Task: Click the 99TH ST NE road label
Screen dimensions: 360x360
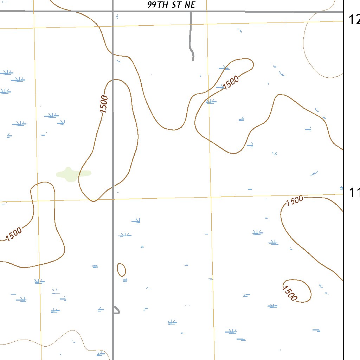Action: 171,5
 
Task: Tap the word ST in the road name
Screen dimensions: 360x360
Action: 175,5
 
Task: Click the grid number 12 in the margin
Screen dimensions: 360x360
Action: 354,20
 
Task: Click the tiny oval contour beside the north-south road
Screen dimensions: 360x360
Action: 121,270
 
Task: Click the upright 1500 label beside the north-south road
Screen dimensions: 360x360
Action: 104,104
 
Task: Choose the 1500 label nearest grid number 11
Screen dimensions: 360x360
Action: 295,201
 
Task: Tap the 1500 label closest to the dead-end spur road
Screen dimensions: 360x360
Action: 231,83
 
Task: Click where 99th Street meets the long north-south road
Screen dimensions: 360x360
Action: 113,12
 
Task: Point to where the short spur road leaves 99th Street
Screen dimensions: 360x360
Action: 191,12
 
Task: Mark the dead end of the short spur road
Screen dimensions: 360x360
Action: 193,60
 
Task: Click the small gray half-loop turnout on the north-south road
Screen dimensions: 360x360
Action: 117,310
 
